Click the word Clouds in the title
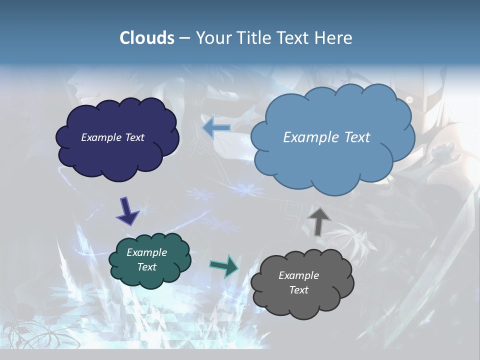[x=147, y=38]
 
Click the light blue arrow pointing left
[x=216, y=128]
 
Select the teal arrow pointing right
[x=224, y=266]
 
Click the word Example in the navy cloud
[x=101, y=137]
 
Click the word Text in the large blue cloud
[x=357, y=137]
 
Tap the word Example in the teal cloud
[x=146, y=252]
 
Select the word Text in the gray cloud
[x=298, y=290]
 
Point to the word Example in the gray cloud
[x=298, y=275]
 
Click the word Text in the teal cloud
[x=146, y=267]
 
